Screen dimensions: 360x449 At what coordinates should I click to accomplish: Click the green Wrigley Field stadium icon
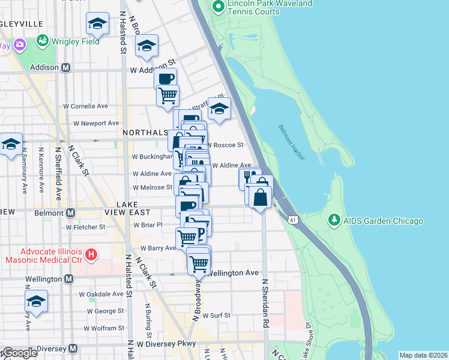point(42,41)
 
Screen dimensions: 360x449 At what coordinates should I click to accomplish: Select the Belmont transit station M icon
point(70,212)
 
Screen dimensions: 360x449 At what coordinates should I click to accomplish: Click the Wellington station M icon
point(68,279)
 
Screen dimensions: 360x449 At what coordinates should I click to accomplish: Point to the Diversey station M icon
point(73,348)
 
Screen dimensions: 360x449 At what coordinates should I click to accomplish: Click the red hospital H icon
point(91,255)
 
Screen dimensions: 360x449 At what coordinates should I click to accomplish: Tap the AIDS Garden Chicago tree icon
point(334,221)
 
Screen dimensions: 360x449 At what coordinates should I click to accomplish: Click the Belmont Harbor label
point(292,142)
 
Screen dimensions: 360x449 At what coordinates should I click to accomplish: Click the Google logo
point(19,353)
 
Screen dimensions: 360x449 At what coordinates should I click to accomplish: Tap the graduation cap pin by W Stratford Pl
point(219,108)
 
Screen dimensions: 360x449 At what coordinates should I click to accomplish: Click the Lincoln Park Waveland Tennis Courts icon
point(218,7)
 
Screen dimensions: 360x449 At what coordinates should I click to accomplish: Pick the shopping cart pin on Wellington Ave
point(199,262)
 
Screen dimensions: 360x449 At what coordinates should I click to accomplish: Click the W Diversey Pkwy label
point(167,344)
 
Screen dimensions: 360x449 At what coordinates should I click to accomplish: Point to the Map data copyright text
point(423,355)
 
